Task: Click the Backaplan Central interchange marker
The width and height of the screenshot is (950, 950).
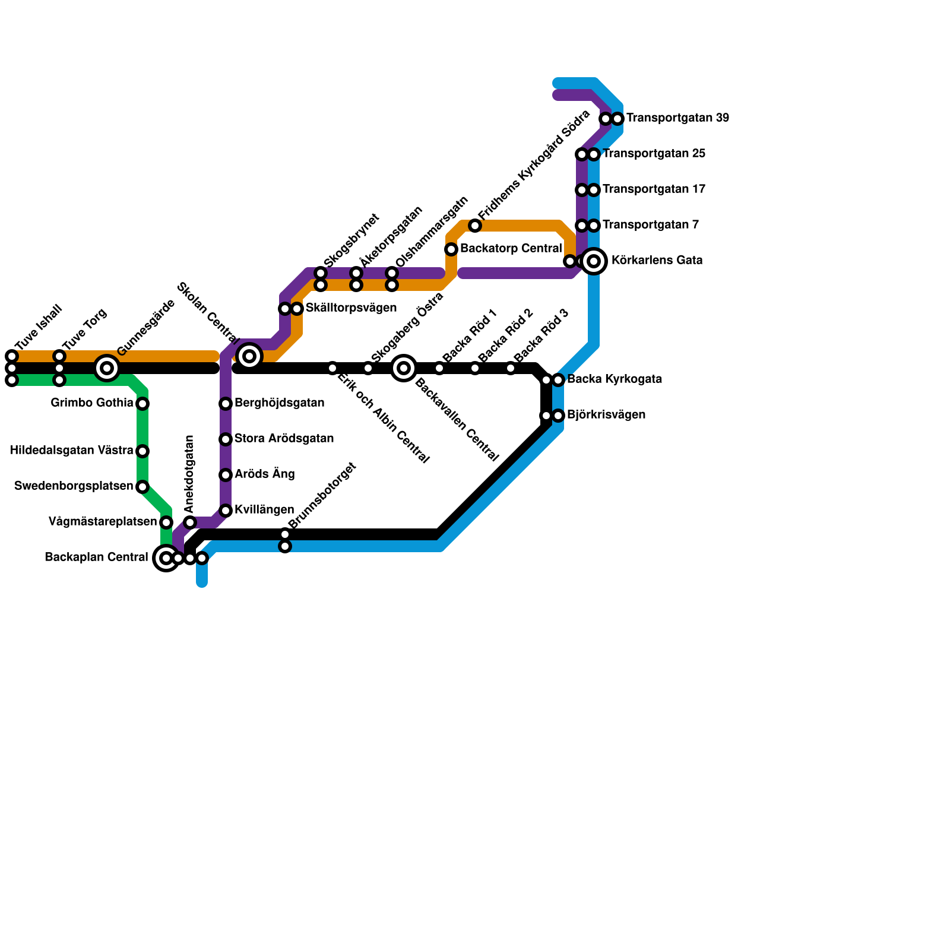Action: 166,558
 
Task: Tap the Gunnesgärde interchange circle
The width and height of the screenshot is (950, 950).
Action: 107,368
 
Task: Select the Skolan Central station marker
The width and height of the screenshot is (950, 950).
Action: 249,356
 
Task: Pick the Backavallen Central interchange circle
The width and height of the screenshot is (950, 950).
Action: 404,368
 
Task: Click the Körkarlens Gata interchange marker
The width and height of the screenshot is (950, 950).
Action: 594,261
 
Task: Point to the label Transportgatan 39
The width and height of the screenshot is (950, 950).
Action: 677,118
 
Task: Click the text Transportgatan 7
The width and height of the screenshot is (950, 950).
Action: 651,225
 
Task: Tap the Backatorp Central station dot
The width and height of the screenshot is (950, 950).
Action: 451,249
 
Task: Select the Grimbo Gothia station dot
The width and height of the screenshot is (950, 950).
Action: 142,404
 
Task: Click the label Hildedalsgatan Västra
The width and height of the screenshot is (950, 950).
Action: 72,451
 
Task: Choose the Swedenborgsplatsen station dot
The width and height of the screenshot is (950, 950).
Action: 142,487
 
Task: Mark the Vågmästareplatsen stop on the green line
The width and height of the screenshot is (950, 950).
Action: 166,522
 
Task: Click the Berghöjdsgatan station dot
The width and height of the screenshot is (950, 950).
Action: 226,404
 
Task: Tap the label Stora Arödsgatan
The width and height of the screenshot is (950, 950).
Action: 284,439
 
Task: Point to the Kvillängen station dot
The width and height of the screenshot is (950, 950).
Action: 226,511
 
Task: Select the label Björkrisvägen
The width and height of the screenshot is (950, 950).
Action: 606,415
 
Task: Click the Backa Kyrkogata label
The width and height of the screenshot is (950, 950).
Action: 615,379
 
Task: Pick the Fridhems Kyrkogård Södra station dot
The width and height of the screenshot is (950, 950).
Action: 475,226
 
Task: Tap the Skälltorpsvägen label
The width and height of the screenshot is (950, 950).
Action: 351,308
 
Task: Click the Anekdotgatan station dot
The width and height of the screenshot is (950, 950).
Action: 190,522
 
